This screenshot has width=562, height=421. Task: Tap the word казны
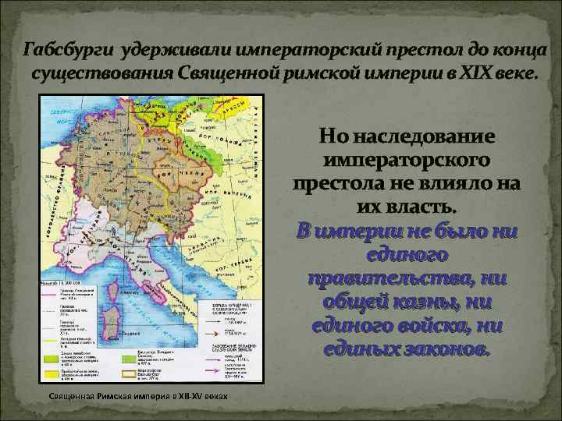point(449,302)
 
